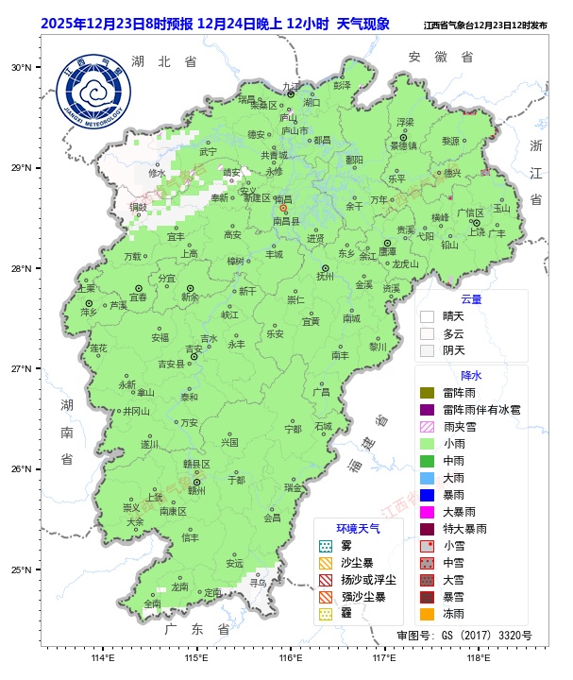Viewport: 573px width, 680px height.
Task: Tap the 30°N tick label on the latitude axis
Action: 21,67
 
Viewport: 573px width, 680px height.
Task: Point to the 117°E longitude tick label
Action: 383,657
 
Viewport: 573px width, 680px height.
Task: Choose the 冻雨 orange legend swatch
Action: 427,613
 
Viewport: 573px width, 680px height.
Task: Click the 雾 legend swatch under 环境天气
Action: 326,545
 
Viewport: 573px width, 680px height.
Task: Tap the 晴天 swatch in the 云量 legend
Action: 427,316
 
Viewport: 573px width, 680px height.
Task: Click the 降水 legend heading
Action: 470,375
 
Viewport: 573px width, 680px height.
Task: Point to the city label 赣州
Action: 196,490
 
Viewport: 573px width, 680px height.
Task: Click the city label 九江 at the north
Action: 291,86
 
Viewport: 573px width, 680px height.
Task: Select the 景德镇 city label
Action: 404,145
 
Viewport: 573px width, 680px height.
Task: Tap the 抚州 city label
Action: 325,277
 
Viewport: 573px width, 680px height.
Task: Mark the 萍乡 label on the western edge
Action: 89,311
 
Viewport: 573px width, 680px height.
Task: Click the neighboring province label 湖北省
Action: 164,60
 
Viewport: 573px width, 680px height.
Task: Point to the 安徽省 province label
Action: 441,57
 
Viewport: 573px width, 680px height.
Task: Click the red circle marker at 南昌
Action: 282,208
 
